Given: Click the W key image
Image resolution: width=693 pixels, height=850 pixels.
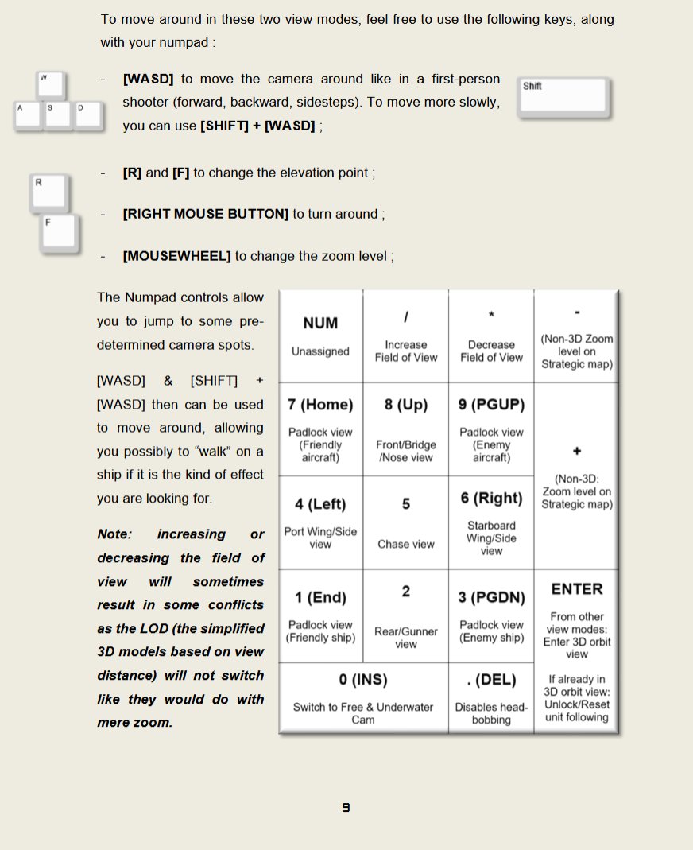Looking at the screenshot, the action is [51, 86].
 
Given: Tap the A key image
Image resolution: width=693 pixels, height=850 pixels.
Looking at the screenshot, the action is [28, 115].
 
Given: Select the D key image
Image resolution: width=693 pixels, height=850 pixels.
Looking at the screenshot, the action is [89, 115].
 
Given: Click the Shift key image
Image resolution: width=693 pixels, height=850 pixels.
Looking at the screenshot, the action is [564, 98].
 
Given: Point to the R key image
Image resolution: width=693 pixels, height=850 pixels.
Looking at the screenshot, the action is [49, 193].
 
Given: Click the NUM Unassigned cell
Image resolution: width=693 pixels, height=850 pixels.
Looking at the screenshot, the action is [321, 336].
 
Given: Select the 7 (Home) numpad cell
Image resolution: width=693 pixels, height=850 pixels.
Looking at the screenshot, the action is [321, 429].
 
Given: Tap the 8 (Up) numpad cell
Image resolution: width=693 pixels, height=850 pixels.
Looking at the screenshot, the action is [406, 429].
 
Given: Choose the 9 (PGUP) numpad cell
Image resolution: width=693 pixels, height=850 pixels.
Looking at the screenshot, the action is [491, 429].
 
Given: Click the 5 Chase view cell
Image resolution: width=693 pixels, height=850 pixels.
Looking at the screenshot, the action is [406, 522].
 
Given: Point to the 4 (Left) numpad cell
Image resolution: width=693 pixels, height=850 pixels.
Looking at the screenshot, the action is [321, 522].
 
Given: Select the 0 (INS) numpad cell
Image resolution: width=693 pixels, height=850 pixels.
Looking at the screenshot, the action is [363, 697].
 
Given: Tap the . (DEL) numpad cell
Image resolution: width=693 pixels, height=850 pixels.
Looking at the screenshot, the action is [491, 697].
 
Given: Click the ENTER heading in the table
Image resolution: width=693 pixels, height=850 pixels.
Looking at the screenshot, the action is [577, 589].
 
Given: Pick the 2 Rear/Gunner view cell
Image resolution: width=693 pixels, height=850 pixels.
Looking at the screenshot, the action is [406, 615].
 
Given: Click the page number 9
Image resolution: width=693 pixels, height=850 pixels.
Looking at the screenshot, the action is [346, 807].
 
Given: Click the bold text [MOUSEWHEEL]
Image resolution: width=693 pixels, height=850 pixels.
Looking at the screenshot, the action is [176, 256].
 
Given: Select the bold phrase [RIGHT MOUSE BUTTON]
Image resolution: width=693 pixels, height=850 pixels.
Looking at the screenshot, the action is [206, 214].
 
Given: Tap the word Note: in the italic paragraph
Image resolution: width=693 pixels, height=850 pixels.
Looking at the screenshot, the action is [115, 534].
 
